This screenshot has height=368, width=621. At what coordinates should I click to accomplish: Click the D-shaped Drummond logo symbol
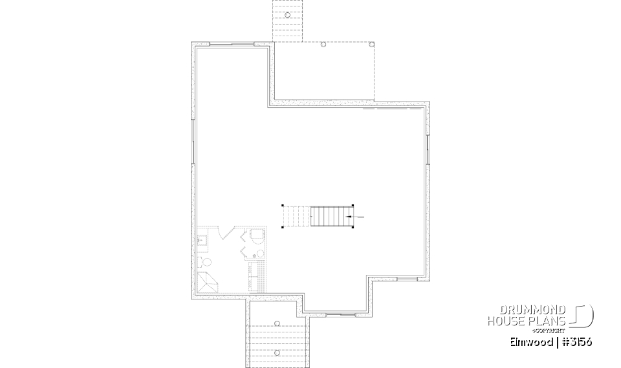[583, 315]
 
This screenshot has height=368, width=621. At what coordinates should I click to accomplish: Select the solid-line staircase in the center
[329, 216]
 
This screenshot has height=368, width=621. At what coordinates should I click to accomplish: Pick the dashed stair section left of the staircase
[297, 216]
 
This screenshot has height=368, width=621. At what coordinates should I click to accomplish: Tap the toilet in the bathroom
[206, 263]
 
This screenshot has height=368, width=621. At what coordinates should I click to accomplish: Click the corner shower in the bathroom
[208, 283]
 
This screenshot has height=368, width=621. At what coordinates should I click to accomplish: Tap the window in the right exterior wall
[428, 149]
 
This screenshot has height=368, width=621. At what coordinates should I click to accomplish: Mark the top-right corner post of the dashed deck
[371, 45]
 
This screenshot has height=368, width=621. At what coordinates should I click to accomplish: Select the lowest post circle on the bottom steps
[277, 352]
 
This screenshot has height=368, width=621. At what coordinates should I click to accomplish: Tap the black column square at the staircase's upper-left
[283, 206]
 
